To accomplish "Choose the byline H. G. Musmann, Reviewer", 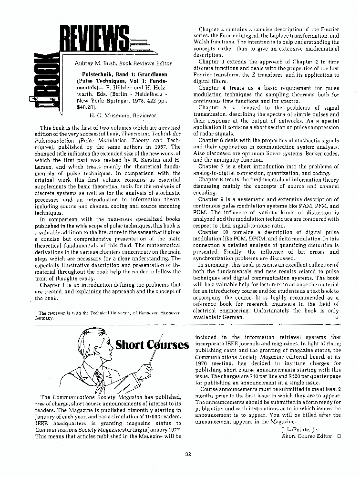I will pos(123,115).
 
